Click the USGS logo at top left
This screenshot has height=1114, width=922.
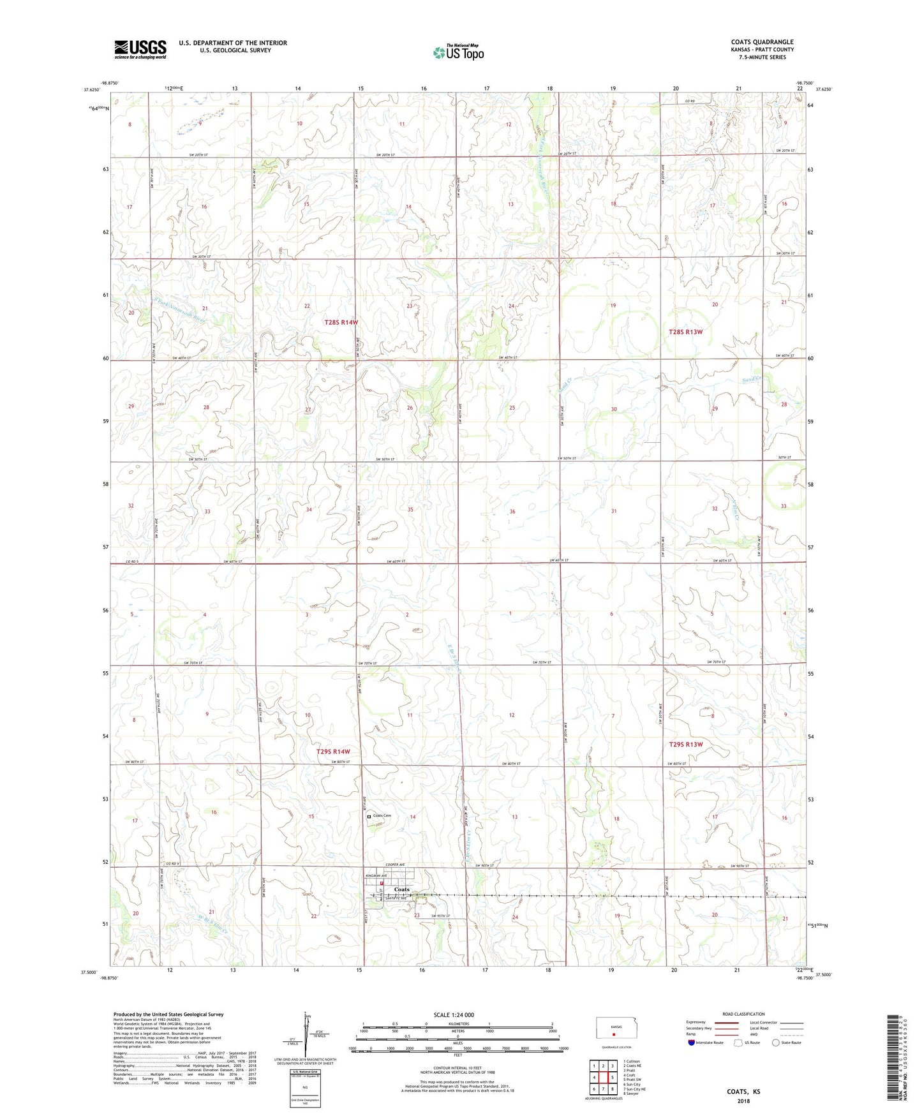(140, 49)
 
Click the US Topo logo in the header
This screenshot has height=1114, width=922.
(457, 52)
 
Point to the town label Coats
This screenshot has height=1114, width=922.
(402, 889)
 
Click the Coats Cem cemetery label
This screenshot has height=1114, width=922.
(382, 816)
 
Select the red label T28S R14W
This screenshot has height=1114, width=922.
(341, 322)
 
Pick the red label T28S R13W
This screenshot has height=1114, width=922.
(686, 332)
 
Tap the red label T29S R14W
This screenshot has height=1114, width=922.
(333, 752)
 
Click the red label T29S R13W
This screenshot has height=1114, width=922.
(686, 745)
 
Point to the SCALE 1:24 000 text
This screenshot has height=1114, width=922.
(454, 1015)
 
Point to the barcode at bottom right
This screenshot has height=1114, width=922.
(895, 1066)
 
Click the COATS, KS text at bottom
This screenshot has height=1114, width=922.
(743, 1092)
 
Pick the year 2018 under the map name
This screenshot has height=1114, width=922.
(743, 1101)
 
